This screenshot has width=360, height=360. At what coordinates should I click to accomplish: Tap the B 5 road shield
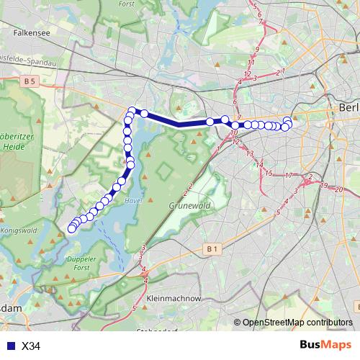click(x=29, y=82)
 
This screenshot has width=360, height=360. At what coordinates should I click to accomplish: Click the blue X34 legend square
click(x=8, y=346)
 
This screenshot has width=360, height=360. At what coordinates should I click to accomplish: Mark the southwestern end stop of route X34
click(x=71, y=229)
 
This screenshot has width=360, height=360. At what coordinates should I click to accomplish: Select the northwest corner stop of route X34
click(x=132, y=111)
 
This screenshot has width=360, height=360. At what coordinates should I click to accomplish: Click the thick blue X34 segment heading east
click(x=177, y=122)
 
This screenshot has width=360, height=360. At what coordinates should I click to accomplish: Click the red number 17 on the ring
click(x=288, y=175)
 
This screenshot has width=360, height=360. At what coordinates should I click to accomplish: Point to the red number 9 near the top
click(x=256, y=49)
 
